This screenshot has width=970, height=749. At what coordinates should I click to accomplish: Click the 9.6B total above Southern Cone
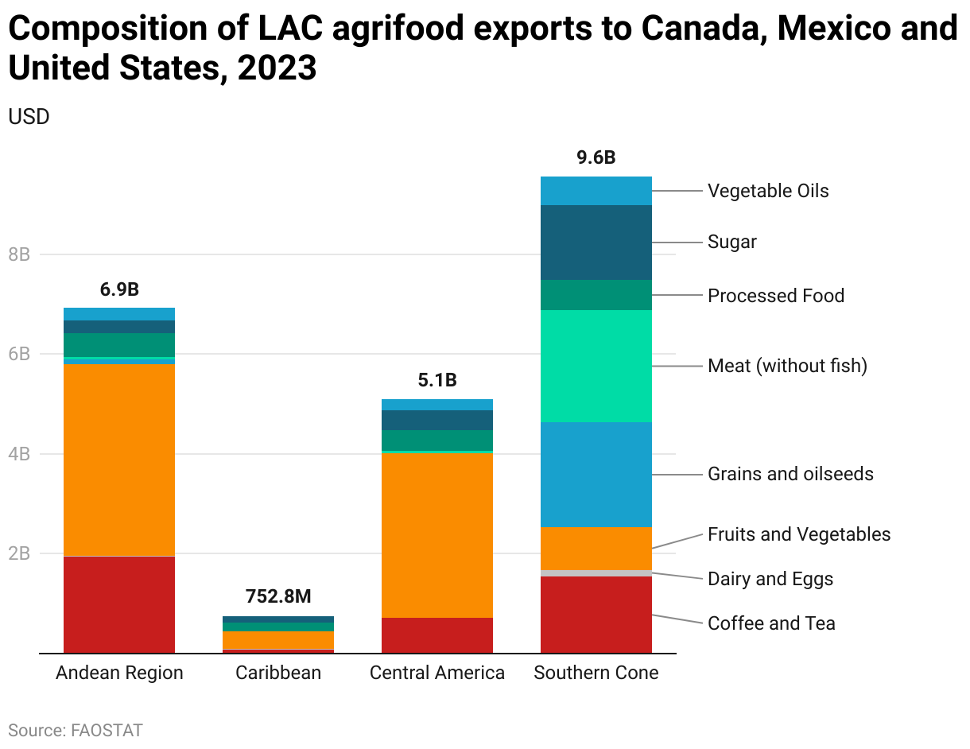tap(596, 157)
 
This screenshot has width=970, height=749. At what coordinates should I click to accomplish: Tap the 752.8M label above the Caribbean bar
tap(277, 597)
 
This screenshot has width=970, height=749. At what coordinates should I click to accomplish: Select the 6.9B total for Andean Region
tap(119, 289)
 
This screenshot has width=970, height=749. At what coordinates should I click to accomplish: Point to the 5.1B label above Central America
tap(437, 380)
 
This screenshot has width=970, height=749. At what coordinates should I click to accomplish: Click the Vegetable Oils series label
tap(768, 191)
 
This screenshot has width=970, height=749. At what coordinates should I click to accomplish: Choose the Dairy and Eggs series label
tap(770, 579)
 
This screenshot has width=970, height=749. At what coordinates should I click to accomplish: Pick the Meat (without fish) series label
tap(787, 366)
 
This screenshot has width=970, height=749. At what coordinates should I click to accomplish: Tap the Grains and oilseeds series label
tap(790, 474)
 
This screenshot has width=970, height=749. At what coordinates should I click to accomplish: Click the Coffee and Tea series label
tap(771, 623)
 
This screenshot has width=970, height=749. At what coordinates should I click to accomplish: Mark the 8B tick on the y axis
tap(19, 254)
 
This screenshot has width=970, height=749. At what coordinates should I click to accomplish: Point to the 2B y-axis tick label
tap(19, 553)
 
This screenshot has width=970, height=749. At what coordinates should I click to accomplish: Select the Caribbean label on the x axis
tap(278, 673)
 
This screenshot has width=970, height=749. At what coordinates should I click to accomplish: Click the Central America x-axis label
tap(437, 673)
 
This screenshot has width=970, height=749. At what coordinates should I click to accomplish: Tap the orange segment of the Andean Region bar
tap(119, 460)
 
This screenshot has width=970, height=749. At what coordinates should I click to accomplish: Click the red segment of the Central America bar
tap(437, 635)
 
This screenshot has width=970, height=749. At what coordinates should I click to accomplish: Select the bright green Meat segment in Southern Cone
tap(596, 366)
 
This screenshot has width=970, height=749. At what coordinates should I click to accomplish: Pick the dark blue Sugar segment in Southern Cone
tap(596, 243)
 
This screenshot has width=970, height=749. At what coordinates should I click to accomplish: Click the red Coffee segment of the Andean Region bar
tap(119, 604)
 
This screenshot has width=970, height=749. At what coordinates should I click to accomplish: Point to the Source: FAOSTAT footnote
tap(76, 730)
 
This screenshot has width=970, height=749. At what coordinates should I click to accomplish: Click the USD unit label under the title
tap(29, 117)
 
